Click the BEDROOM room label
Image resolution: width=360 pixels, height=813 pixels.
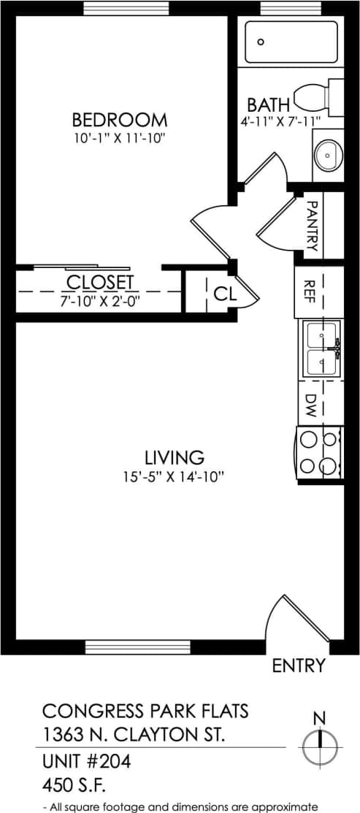[x=120, y=120]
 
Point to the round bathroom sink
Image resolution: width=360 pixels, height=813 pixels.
[x=328, y=155]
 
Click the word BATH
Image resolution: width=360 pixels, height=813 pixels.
[x=268, y=104]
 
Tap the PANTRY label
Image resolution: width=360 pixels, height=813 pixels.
[x=311, y=226]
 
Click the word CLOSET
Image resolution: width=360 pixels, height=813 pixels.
[x=100, y=282]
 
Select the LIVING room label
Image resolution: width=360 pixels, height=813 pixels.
[x=174, y=458]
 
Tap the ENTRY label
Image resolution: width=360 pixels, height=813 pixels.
[x=298, y=665]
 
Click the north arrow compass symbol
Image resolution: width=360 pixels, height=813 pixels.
[x=320, y=745]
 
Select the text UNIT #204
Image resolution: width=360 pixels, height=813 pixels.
[x=86, y=763]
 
